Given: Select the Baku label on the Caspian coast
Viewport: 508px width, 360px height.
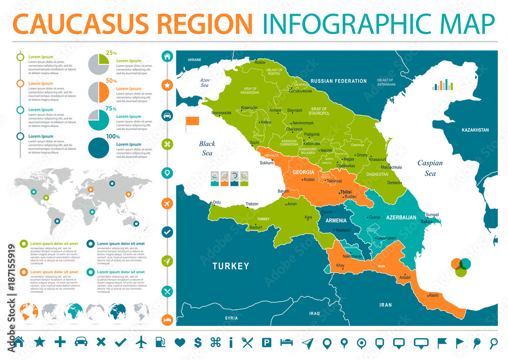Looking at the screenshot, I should pyautogui.click(x=411, y=221).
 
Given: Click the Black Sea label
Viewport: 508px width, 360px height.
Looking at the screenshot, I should pyautogui.click(x=207, y=148).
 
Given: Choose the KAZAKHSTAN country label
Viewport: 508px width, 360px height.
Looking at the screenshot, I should pyautogui.click(x=475, y=130).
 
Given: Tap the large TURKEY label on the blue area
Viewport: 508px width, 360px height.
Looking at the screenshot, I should pyautogui.click(x=231, y=266).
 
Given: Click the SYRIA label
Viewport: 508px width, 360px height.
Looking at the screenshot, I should pyautogui.click(x=231, y=318).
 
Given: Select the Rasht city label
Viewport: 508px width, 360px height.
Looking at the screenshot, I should pyautogui.click(x=433, y=295).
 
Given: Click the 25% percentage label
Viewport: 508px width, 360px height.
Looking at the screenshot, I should pyautogui.click(x=111, y=53).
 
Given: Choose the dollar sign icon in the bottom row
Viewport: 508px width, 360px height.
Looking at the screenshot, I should pyautogui.click(x=198, y=342).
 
